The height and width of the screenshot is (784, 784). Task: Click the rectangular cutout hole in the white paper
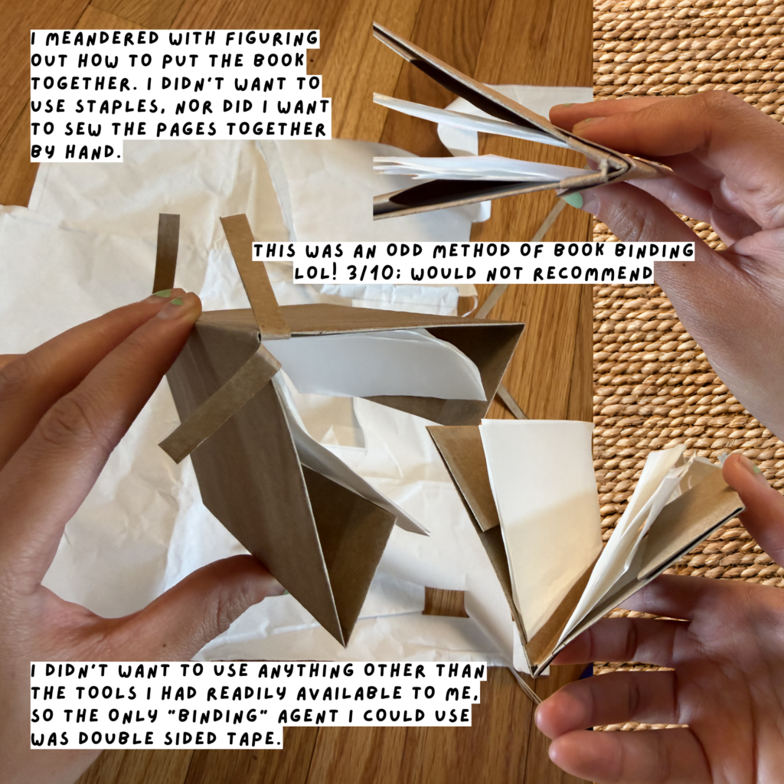click(445, 603)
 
